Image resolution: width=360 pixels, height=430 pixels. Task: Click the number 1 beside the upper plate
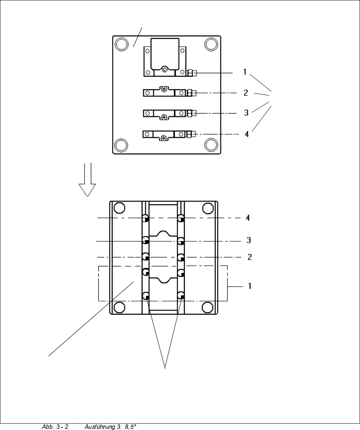pos(245,72)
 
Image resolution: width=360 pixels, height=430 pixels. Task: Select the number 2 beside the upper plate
pos(246,93)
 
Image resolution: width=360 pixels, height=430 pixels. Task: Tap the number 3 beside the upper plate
pos(246,112)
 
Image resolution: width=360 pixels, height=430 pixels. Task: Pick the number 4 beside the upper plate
pos(246,133)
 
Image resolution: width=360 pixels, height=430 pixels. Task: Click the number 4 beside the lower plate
pos(248,217)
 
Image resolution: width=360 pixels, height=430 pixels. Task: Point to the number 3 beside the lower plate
pos(249,240)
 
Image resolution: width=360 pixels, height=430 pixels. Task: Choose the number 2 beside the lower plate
pos(249,257)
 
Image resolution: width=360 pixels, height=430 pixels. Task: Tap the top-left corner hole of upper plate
pos(121,44)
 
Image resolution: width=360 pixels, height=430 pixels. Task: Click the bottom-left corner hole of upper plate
pos(121,145)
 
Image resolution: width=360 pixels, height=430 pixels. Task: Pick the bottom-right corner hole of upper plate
pos(211,145)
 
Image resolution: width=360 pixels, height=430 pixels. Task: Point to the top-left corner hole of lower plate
pos(119,207)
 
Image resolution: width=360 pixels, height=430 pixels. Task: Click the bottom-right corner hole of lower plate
pos(207,307)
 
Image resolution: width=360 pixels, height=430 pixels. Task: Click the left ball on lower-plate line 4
pos(146,218)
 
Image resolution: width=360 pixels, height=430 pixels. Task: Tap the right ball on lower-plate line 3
pos(181,241)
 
